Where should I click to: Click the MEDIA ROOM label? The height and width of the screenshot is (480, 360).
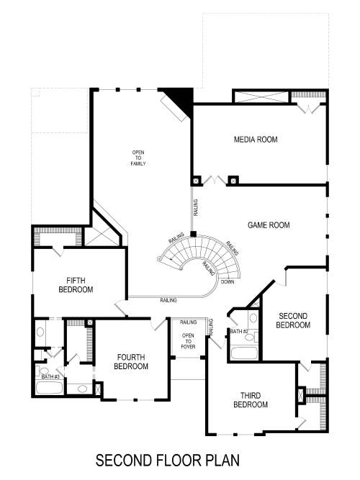click(x=256, y=140)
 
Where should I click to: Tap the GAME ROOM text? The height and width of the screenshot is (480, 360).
click(x=269, y=225)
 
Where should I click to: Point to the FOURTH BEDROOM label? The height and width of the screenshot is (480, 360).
click(x=131, y=361)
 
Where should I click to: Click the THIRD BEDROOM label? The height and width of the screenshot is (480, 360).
click(x=250, y=400)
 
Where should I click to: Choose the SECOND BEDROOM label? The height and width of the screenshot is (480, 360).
click(x=293, y=320)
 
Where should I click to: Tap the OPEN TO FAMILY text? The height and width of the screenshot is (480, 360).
click(x=138, y=158)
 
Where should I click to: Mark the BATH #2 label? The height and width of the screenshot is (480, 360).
click(x=240, y=332)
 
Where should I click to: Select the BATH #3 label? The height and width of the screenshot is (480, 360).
click(x=50, y=376)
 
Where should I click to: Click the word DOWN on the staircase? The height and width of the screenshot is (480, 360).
click(x=227, y=282)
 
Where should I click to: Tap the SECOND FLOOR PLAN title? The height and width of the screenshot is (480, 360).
click(x=167, y=459)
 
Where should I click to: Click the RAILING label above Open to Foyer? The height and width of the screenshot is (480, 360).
click(x=189, y=322)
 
